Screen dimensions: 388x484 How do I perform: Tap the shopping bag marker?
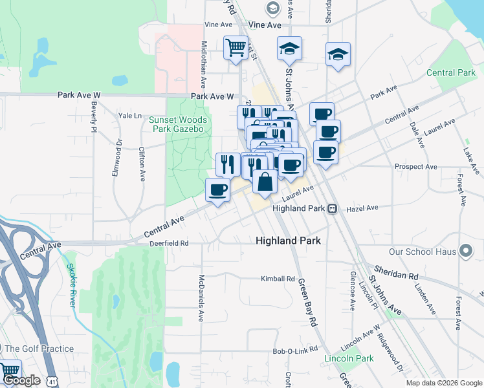[x=265, y=181]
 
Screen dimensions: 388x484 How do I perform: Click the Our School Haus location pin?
[x=465, y=252]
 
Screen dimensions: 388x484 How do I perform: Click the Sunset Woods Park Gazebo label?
[x=177, y=125]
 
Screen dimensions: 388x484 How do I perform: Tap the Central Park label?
[x=451, y=73]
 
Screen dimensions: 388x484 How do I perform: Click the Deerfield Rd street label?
[x=168, y=243]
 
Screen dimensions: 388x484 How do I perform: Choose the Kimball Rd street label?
[x=278, y=279]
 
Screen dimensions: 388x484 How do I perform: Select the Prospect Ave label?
[x=416, y=166]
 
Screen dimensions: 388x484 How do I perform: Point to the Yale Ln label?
[x=129, y=115]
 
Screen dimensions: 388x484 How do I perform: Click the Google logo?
[x=21, y=381]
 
